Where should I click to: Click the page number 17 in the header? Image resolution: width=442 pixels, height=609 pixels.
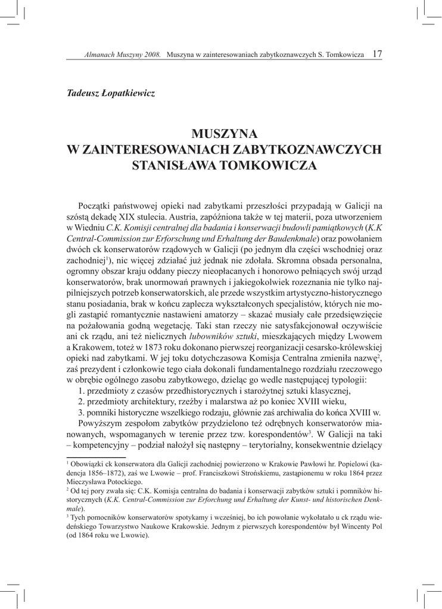(376, 54)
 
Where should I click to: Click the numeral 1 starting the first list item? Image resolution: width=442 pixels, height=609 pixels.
(81, 391)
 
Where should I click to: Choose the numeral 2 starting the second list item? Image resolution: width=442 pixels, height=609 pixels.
(81, 401)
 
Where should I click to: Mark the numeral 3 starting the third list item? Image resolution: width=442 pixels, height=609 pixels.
(81, 412)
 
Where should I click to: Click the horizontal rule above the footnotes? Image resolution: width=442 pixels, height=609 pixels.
(88, 457)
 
